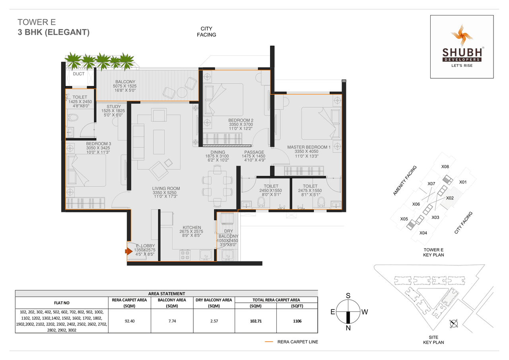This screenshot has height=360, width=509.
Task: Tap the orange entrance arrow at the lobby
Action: [128, 251]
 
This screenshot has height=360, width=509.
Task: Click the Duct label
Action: [79, 74]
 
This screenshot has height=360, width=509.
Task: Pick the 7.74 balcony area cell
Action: [172, 321]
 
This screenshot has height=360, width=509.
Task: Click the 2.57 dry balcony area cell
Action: [214, 321]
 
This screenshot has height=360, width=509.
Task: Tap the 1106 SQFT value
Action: [296, 321]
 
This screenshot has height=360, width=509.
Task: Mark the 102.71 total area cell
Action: [255, 321]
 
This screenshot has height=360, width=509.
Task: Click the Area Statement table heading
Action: [166, 293]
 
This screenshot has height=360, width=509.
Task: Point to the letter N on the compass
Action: [348, 328]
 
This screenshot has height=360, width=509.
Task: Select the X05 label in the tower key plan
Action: [404, 219]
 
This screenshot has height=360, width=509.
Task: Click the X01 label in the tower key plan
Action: [462, 182]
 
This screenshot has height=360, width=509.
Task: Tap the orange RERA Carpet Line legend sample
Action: [269, 342]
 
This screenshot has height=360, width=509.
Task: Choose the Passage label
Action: [254, 152]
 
